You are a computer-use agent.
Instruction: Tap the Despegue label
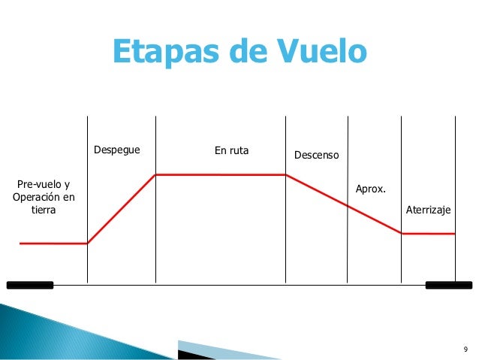point(116,150)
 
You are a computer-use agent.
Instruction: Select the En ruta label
point(231,150)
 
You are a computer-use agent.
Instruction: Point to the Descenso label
point(316,156)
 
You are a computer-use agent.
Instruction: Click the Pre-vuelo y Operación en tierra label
point(44,197)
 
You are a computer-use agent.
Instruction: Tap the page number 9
point(465,349)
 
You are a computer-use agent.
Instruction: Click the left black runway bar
point(30,285)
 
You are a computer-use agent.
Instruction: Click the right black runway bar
point(448,285)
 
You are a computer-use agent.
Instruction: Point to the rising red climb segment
point(122,209)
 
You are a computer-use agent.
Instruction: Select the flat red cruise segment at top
point(220,175)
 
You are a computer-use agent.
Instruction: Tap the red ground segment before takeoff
point(53,244)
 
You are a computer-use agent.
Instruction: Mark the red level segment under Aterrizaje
point(428,234)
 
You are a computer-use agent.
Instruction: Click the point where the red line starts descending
point(285,175)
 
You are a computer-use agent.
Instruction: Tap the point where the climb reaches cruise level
point(155,175)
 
